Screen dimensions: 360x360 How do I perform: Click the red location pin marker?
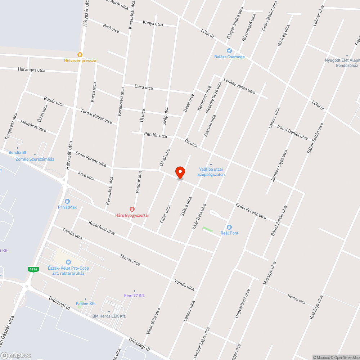tap(180, 172)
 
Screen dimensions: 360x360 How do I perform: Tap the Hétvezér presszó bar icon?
tap(80, 55)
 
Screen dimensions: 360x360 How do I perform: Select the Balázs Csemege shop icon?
tap(229, 51)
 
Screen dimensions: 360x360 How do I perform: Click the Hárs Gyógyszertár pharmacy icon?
tap(132, 209)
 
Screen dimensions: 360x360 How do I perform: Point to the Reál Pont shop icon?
tap(229, 227)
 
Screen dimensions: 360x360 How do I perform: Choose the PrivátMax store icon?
tap(67, 202)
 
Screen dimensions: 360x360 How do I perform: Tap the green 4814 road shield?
tap(33, 269)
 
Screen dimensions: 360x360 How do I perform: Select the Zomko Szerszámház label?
tap(35, 159)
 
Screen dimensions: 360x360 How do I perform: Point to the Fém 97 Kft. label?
tap(134, 295)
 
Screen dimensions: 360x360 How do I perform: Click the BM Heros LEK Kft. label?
tap(109, 316)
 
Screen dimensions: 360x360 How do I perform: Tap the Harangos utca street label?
tap(32, 70)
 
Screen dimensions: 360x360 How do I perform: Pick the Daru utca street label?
tap(144, 87)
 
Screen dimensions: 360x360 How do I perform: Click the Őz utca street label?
tap(191, 143)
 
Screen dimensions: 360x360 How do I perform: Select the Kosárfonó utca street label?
tap(102, 228)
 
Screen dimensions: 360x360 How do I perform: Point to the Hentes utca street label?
tap(296, 298)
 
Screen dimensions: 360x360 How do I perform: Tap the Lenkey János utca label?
tap(239, 86)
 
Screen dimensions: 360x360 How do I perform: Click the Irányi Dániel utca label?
tap(293, 132)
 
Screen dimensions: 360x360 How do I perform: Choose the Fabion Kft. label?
tap(86, 303)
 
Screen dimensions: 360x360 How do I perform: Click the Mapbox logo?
tap(16, 356)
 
